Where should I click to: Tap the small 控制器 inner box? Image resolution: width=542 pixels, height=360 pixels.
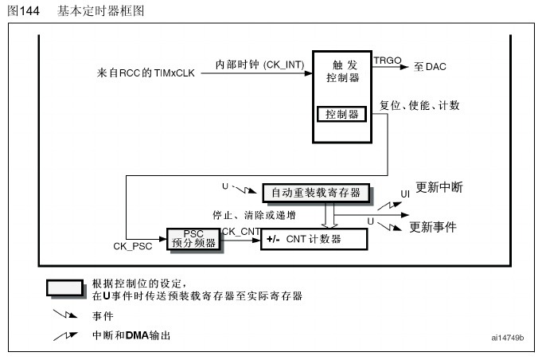(x=341, y=114)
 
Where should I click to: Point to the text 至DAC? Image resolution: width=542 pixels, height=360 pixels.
(x=429, y=67)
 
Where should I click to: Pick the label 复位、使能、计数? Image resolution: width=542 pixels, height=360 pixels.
(x=420, y=106)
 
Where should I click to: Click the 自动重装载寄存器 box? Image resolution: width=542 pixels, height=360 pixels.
(x=315, y=193)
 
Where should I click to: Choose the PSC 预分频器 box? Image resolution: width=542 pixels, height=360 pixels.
(x=193, y=238)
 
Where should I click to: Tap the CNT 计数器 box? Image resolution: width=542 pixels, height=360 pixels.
(x=314, y=238)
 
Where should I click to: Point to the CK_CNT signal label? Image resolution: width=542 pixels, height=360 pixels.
(x=241, y=230)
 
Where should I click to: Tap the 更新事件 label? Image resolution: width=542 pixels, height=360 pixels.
(x=433, y=226)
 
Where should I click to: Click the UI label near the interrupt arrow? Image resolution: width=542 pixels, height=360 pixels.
(x=404, y=194)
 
